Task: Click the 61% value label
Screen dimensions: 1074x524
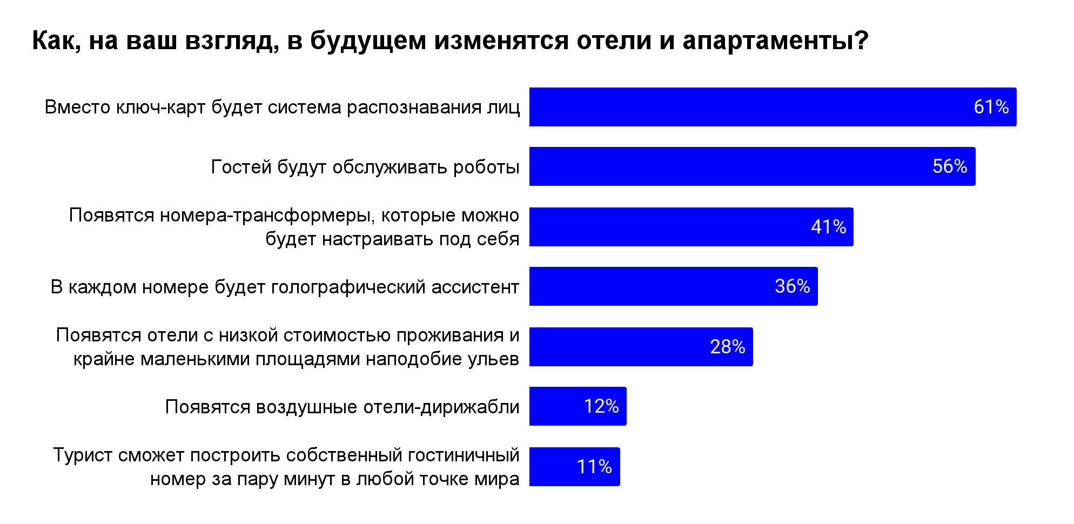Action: click(991, 107)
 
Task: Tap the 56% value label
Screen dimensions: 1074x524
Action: click(950, 166)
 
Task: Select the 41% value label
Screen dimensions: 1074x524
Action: click(828, 227)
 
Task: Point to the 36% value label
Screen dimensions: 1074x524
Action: click(792, 286)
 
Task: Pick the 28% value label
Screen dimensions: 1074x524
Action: click(727, 347)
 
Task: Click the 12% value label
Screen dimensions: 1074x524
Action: click(601, 406)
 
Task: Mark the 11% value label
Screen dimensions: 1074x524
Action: click(594, 467)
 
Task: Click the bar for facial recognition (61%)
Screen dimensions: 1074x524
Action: click(773, 107)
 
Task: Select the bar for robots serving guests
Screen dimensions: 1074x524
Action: click(753, 166)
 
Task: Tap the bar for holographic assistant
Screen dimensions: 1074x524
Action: click(674, 286)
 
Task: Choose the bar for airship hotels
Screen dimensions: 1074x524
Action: click(578, 406)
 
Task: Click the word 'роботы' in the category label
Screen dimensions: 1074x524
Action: click(486, 167)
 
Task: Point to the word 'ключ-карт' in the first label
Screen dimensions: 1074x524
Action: click(161, 107)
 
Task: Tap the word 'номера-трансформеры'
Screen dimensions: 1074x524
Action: click(267, 216)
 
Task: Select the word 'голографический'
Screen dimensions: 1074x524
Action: click(348, 287)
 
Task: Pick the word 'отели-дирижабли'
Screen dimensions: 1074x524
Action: click(442, 407)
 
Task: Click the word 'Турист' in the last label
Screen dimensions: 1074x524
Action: click(83, 455)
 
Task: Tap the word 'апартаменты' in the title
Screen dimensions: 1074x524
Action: click(775, 41)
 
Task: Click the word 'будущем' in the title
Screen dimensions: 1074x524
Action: click(368, 41)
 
